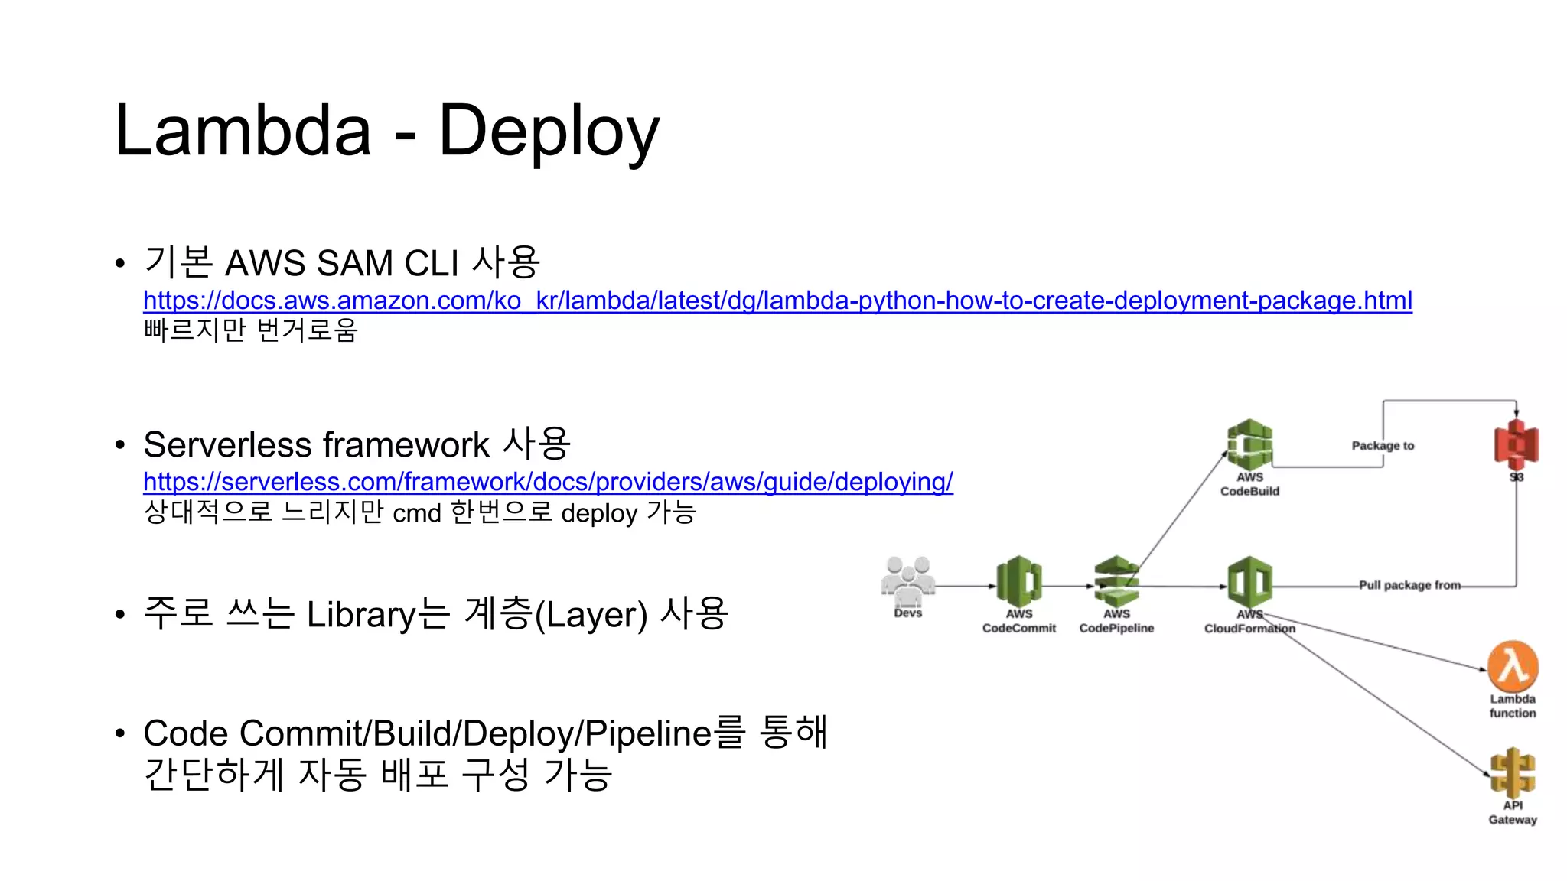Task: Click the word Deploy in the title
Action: click(549, 132)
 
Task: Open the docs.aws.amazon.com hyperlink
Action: click(777, 301)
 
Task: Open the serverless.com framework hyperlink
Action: click(548, 482)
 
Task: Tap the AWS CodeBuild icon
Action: click(1249, 444)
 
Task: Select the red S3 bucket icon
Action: click(1516, 444)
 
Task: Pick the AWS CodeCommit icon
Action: click(1019, 582)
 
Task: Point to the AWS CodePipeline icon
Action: click(1116, 582)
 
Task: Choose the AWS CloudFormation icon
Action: click(1249, 582)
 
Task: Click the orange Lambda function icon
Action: click(1513, 665)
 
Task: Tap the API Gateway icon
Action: click(1513, 772)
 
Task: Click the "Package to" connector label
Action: click(1383, 446)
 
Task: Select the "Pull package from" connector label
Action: click(1409, 585)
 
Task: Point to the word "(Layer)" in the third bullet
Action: click(591, 615)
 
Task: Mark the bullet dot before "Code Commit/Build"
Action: click(119, 734)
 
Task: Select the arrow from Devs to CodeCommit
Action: click(966, 587)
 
